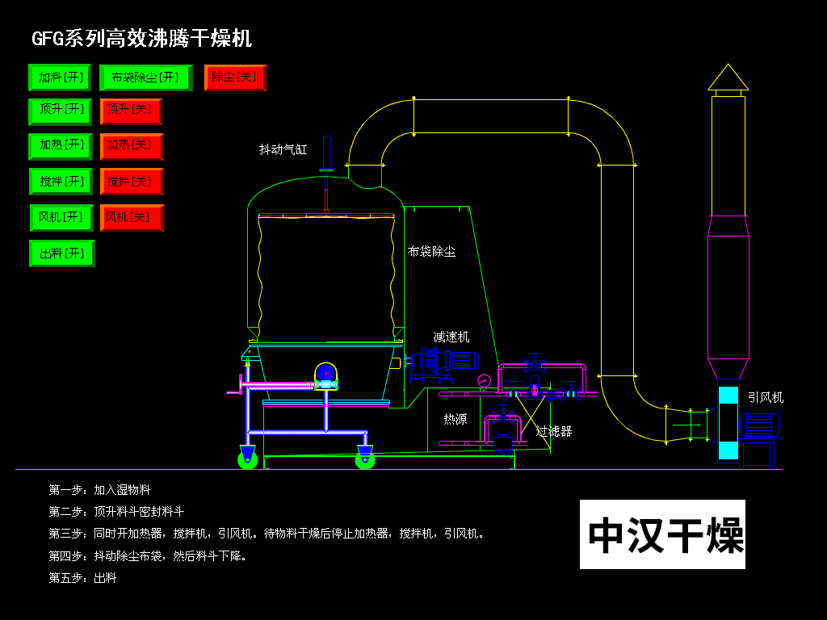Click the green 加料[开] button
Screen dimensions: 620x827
[60, 77]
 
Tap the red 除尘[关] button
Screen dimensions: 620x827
[235, 77]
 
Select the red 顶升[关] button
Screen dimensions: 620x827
[131, 111]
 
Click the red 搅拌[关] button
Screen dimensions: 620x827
[132, 182]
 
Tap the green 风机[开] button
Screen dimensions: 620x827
[61, 218]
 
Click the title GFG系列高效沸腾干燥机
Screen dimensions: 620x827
[141, 38]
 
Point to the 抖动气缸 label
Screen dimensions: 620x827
[283, 149]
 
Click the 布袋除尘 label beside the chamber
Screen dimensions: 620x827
[431, 252]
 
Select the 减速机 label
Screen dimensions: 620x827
[451, 337]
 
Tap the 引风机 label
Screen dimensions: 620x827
[765, 397]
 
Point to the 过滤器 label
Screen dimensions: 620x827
[554, 432]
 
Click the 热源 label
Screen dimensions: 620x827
[455, 419]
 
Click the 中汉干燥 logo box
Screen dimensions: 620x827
[662, 534]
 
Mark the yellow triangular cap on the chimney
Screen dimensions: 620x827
[728, 77]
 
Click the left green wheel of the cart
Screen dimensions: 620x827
[248, 459]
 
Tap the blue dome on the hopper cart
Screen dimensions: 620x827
[325, 372]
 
